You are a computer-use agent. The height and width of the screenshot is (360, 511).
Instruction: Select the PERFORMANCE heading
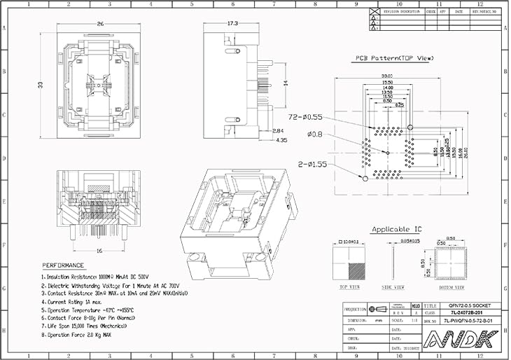point(64,265)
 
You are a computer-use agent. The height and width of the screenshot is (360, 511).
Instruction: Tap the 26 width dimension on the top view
point(100,25)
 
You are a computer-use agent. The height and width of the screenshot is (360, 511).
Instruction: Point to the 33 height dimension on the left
point(40,85)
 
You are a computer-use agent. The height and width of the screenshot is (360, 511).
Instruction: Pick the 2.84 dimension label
point(278,131)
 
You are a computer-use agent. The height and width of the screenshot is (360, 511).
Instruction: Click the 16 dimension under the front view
point(99,250)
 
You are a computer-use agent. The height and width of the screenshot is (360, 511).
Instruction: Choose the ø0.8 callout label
point(316,134)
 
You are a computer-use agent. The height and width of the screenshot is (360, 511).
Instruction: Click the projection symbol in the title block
point(379,309)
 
